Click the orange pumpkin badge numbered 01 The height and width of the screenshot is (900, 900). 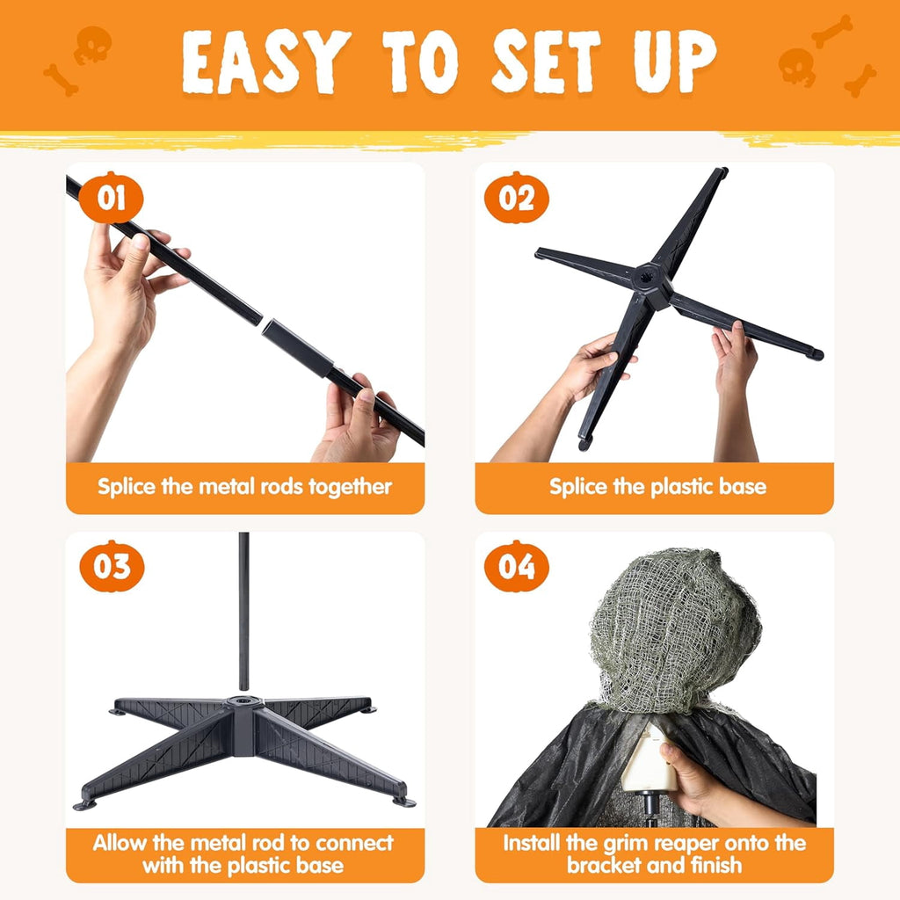coord(111,198)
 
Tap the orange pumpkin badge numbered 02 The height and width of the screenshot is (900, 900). coord(517,198)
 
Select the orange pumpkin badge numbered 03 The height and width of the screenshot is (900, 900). coord(112,567)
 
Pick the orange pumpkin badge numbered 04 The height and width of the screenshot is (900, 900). coord(517,567)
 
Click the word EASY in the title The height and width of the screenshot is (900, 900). coord(265,62)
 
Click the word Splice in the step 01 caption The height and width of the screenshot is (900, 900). coord(127,487)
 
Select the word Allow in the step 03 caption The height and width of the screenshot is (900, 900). coord(120,843)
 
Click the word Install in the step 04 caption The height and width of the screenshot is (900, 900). coord(532,843)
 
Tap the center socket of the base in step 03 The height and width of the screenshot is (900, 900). coord(243,701)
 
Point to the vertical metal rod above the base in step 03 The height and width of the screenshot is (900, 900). coord(244,612)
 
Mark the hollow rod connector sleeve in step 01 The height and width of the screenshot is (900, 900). coord(297,348)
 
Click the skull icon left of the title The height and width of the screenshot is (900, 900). coord(92,45)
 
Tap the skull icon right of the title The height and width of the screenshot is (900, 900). coord(796,67)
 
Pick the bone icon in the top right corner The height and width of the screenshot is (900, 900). coord(832,31)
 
